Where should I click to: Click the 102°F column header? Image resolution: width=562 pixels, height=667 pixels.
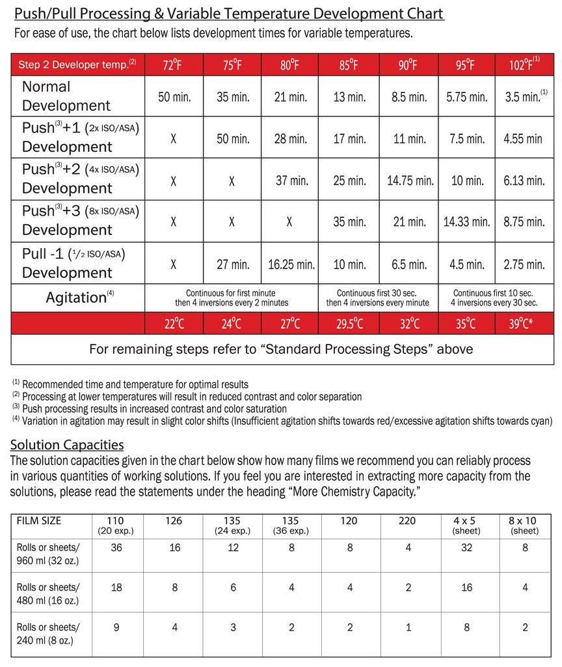(524, 65)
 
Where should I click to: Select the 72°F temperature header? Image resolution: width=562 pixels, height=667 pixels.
(174, 65)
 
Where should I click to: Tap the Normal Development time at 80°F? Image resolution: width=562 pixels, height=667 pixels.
(289, 97)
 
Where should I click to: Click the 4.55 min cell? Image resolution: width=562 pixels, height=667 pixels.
(524, 139)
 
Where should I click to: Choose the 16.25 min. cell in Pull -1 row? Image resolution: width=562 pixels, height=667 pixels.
(290, 264)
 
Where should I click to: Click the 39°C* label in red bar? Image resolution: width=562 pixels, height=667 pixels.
(524, 323)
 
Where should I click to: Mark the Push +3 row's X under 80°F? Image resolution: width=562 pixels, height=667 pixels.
(289, 221)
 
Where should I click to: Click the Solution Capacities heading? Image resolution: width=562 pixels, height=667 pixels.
(67, 445)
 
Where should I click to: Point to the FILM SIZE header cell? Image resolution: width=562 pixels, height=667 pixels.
(39, 521)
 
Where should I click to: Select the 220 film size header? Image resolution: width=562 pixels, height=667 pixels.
(408, 521)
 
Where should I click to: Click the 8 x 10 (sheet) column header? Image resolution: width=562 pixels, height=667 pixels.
(524, 525)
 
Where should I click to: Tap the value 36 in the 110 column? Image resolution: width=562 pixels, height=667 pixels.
(116, 548)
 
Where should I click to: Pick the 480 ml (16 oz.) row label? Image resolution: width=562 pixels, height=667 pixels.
(49, 593)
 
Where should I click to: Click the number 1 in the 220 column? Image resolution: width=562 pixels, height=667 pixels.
(408, 628)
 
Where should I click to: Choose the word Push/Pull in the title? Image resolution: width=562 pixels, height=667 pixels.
(47, 14)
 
